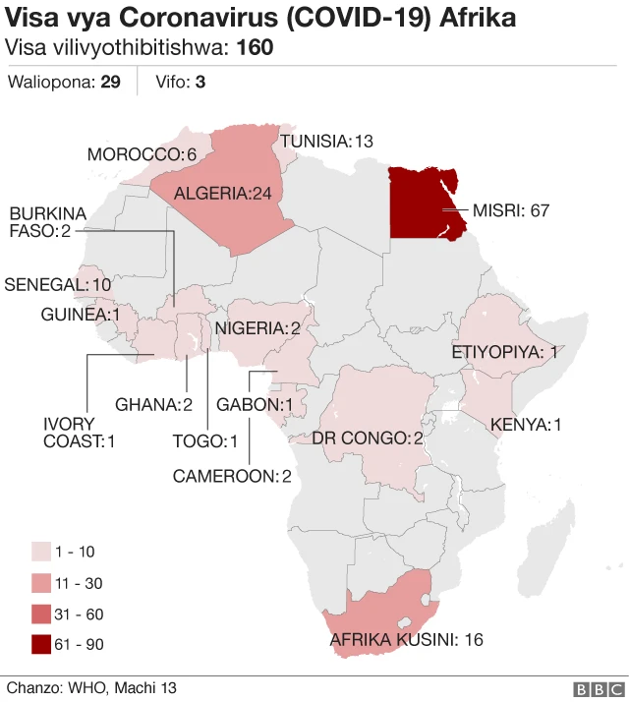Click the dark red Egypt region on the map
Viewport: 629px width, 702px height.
(418, 202)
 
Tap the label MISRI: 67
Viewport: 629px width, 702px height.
(510, 210)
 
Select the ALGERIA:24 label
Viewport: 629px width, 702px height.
(222, 194)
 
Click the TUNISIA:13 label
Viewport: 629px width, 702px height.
(327, 142)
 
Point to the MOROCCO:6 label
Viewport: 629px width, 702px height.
(143, 155)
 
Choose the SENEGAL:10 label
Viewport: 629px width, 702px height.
(58, 284)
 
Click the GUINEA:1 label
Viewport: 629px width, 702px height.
(80, 315)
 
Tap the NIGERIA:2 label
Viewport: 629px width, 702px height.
(257, 328)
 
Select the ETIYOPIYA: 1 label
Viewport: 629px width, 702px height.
(504, 352)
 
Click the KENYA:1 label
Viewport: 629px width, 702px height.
(526, 425)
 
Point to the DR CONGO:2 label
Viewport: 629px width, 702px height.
(368, 438)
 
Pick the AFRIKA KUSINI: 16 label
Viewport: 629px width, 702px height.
(406, 640)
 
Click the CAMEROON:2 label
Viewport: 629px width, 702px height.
(232, 476)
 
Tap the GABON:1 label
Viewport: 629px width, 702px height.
(256, 404)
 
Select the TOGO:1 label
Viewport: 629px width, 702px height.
(205, 440)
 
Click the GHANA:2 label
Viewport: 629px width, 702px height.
(152, 404)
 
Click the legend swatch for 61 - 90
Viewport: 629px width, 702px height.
(41, 645)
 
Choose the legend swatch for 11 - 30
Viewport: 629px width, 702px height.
(41, 583)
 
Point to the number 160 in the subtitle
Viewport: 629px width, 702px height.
(256, 48)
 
